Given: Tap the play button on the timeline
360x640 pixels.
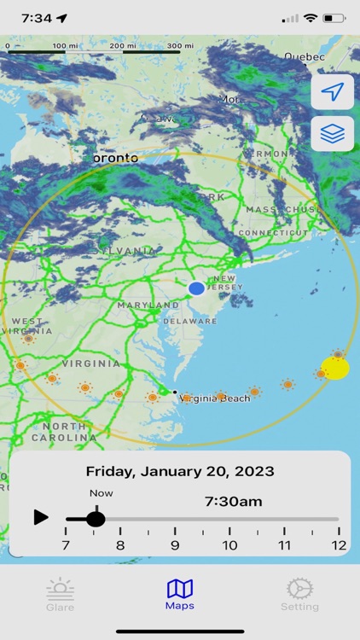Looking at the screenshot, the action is click(41, 517).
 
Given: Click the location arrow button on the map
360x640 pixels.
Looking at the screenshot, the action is click(332, 92).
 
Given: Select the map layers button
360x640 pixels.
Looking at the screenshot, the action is click(332, 133).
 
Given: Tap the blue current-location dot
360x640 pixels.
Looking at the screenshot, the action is click(196, 288).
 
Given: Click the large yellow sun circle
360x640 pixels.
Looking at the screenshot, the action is click(335, 368).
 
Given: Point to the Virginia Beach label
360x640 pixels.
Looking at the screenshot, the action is click(216, 398).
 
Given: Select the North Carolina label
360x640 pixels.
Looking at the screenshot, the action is click(64, 432).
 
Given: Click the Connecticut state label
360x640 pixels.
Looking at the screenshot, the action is click(272, 232).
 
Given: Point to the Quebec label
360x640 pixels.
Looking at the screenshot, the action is click(305, 56).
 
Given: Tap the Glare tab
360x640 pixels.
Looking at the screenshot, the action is click(60, 594).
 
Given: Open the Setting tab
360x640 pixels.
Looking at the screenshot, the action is click(299, 594).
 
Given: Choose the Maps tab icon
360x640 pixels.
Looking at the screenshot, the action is click(180, 589).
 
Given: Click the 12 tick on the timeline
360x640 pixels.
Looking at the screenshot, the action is click(339, 545).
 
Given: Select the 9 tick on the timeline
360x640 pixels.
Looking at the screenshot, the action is click(175, 545).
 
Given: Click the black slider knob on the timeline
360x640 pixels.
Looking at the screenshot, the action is click(96, 518).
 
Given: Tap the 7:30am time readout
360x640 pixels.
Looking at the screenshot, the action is click(233, 502).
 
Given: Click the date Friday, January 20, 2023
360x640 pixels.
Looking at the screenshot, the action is click(180, 471).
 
